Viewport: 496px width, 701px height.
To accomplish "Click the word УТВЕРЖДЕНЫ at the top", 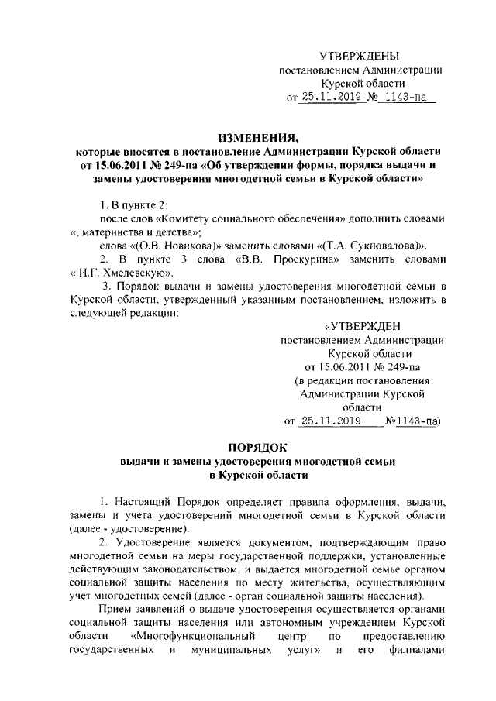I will click(360, 57).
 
